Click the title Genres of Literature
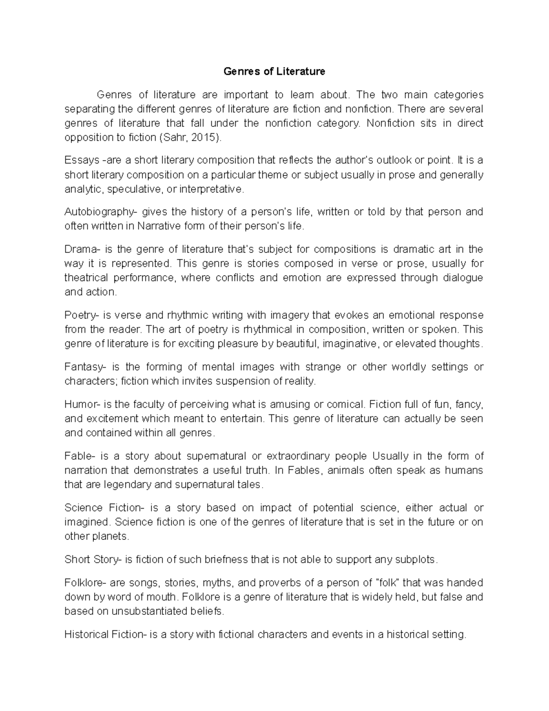coord(274,71)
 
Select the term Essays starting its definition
coord(82,160)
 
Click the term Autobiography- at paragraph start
coord(100,212)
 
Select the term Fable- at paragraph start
coord(80,456)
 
